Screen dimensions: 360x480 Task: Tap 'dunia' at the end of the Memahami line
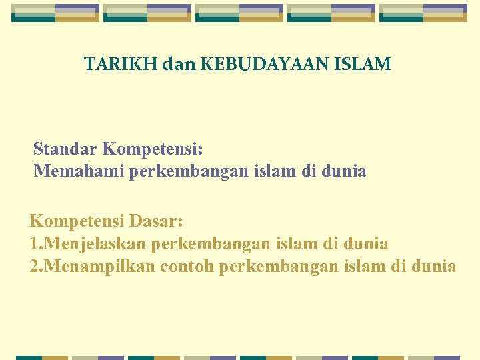tap(343, 171)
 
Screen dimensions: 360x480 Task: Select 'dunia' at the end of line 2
tap(433, 267)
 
